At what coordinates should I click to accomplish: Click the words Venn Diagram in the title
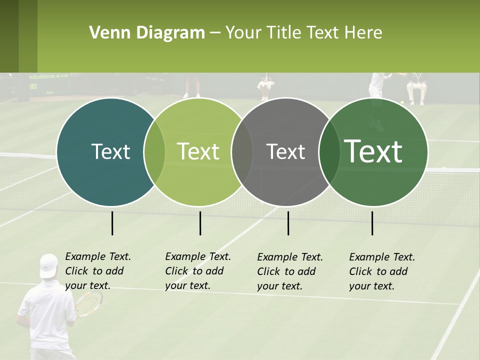[x=147, y=33]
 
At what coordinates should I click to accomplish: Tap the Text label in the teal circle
[x=110, y=151]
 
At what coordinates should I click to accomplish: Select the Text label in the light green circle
[x=198, y=151]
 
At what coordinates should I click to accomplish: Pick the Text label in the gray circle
[x=285, y=151]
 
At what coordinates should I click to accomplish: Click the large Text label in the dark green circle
[x=373, y=151]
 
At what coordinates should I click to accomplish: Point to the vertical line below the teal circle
[x=112, y=223]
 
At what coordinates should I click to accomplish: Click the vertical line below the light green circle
[x=200, y=223]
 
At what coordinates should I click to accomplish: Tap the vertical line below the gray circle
[x=288, y=223]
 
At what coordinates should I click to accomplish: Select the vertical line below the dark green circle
[x=372, y=223]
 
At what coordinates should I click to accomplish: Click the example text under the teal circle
[x=97, y=271]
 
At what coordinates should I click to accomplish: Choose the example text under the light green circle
[x=197, y=271]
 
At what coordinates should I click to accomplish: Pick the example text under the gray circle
[x=289, y=271]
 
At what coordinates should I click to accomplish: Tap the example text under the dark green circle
[x=381, y=271]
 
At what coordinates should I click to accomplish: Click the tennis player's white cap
[x=48, y=265]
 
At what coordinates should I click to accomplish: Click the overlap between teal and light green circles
[x=154, y=152]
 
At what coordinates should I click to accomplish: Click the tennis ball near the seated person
[x=401, y=103]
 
